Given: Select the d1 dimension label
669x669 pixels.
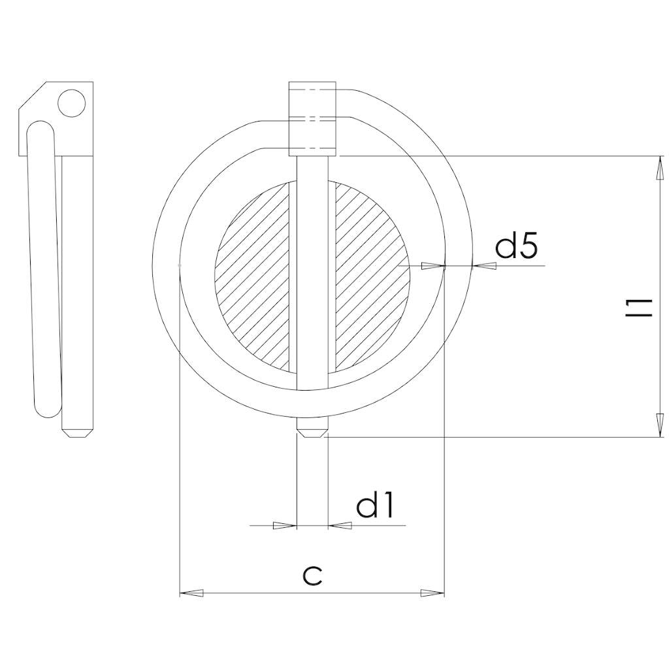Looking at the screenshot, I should (x=376, y=506).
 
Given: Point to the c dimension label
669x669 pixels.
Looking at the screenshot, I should (x=313, y=575).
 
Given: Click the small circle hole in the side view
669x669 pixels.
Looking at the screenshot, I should (x=71, y=103).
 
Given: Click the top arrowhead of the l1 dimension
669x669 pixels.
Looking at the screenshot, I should (x=660, y=168).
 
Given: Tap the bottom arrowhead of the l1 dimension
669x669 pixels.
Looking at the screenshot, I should (x=660, y=425).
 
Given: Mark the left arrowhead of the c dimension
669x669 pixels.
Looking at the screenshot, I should (x=191, y=593).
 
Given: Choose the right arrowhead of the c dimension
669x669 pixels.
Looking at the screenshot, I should (x=432, y=593).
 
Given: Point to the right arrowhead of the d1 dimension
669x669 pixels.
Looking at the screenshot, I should (x=339, y=525).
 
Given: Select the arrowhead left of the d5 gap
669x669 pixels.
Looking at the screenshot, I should (x=432, y=266).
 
